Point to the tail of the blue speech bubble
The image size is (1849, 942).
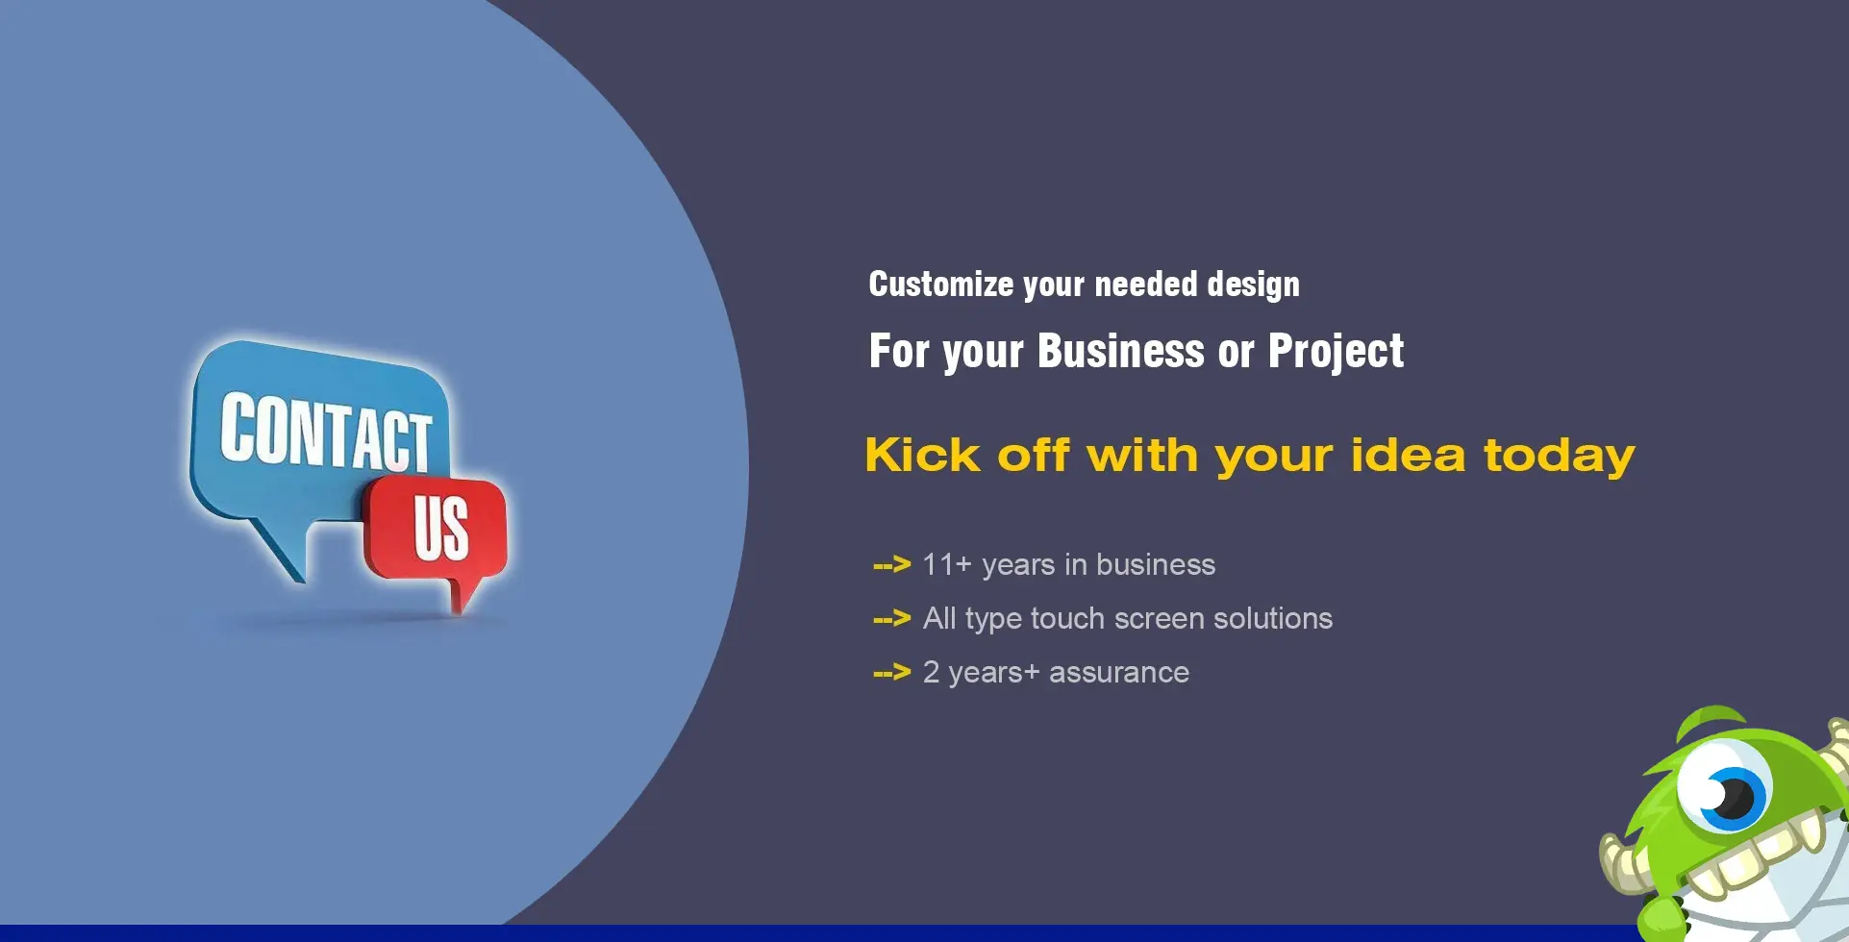(x=279, y=550)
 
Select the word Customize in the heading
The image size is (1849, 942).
(x=941, y=285)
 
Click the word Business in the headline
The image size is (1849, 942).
(x=1121, y=351)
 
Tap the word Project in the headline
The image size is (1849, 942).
(x=1337, y=352)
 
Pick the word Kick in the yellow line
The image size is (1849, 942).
(x=923, y=455)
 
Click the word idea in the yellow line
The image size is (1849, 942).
(x=1408, y=455)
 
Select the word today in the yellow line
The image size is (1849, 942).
(x=1560, y=457)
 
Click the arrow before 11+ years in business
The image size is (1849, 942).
(x=891, y=564)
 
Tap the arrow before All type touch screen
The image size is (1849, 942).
(x=891, y=618)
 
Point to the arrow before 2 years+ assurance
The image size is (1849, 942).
(x=891, y=672)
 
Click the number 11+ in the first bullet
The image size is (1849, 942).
(x=947, y=564)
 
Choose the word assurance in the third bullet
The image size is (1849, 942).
(x=1119, y=673)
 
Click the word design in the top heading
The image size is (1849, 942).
(x=1254, y=285)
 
